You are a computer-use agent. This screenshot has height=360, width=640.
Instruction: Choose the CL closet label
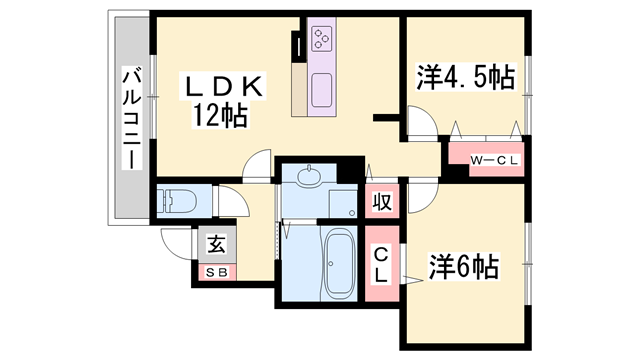pos(381,264)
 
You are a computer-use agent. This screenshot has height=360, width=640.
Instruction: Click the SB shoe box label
pos(216,270)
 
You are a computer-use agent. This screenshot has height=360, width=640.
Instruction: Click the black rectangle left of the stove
pos(298,45)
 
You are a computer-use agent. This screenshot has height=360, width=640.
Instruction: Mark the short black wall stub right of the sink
pos(385,119)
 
